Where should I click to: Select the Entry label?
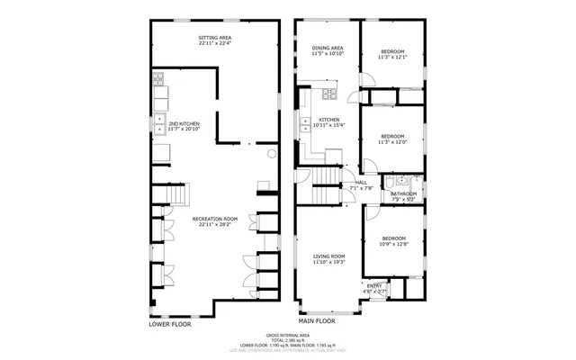[374, 288]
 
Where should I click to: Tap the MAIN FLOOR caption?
[316, 320]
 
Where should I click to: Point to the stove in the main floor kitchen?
[329, 94]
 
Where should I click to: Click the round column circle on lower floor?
[270, 154]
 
